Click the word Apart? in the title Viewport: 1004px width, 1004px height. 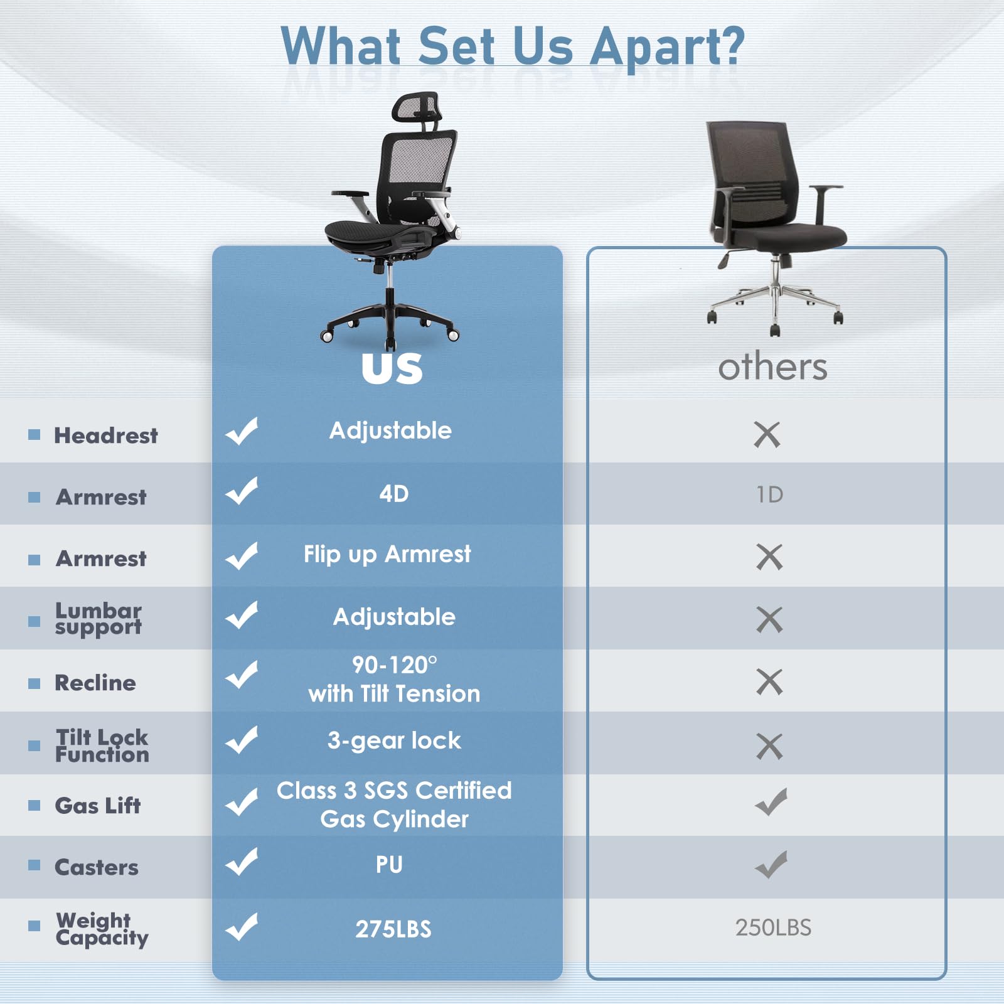(x=668, y=46)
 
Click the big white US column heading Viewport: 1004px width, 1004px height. (x=392, y=368)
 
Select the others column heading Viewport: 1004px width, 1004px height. (x=772, y=367)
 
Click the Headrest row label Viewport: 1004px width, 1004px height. (x=106, y=435)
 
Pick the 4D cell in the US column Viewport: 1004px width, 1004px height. (x=393, y=494)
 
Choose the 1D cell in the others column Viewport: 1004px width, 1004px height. (x=769, y=495)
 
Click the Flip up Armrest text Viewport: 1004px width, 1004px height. (x=387, y=555)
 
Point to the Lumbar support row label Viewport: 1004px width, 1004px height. (x=99, y=619)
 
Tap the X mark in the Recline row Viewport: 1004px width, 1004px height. (x=769, y=682)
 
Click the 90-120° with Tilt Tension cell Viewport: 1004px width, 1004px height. (x=394, y=680)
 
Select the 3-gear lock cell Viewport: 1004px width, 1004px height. (x=394, y=741)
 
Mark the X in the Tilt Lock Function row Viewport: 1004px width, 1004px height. (x=769, y=746)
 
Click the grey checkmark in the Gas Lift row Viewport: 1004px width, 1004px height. (x=771, y=802)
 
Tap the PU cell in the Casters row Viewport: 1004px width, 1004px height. (x=389, y=865)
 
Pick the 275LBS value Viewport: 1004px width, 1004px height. (x=393, y=929)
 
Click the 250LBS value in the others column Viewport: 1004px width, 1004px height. (x=773, y=927)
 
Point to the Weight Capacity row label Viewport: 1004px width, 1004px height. (x=102, y=929)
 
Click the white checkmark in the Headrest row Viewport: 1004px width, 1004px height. (x=242, y=431)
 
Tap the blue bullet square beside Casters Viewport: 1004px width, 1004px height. (x=35, y=865)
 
